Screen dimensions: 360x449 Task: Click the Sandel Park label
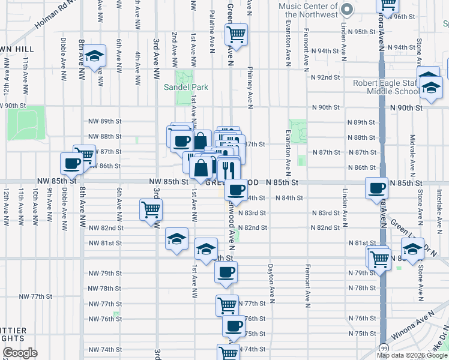coord(186,87)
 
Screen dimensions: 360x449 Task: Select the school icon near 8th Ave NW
coord(94,56)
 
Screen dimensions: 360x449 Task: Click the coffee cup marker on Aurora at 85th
coord(377,188)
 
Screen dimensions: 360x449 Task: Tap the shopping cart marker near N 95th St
coord(237,34)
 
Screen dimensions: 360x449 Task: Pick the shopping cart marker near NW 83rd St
coord(151,209)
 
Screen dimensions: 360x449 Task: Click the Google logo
coord(20,353)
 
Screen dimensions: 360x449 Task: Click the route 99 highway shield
coord(383,347)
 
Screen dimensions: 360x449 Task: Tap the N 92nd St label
coord(325,77)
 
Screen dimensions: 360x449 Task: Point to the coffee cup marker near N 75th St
coord(234,326)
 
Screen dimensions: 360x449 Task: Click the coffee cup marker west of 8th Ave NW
coord(71,163)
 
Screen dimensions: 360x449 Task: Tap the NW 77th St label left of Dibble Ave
coord(36,296)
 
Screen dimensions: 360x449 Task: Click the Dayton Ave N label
coord(271,284)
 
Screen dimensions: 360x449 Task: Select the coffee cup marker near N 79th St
coord(226,272)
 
